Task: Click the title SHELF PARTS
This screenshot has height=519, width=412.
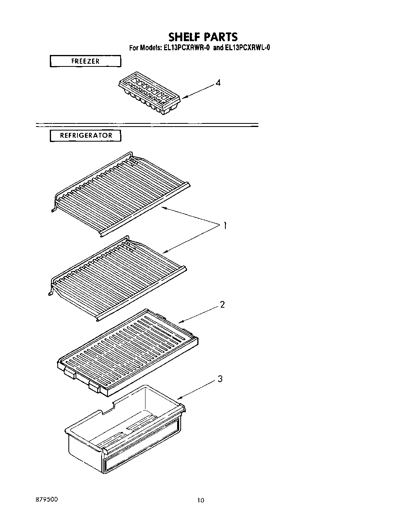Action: click(x=203, y=37)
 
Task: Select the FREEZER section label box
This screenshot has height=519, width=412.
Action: click(x=85, y=61)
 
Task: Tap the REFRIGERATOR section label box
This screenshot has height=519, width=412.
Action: click(x=85, y=135)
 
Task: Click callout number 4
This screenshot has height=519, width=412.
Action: click(x=217, y=83)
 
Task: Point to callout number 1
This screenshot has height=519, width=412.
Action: click(x=224, y=226)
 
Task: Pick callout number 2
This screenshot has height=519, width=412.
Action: click(x=222, y=305)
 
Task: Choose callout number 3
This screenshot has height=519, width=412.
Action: click(x=220, y=379)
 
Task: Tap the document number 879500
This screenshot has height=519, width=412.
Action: click(x=46, y=499)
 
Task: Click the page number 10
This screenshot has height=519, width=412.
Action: click(x=201, y=500)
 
